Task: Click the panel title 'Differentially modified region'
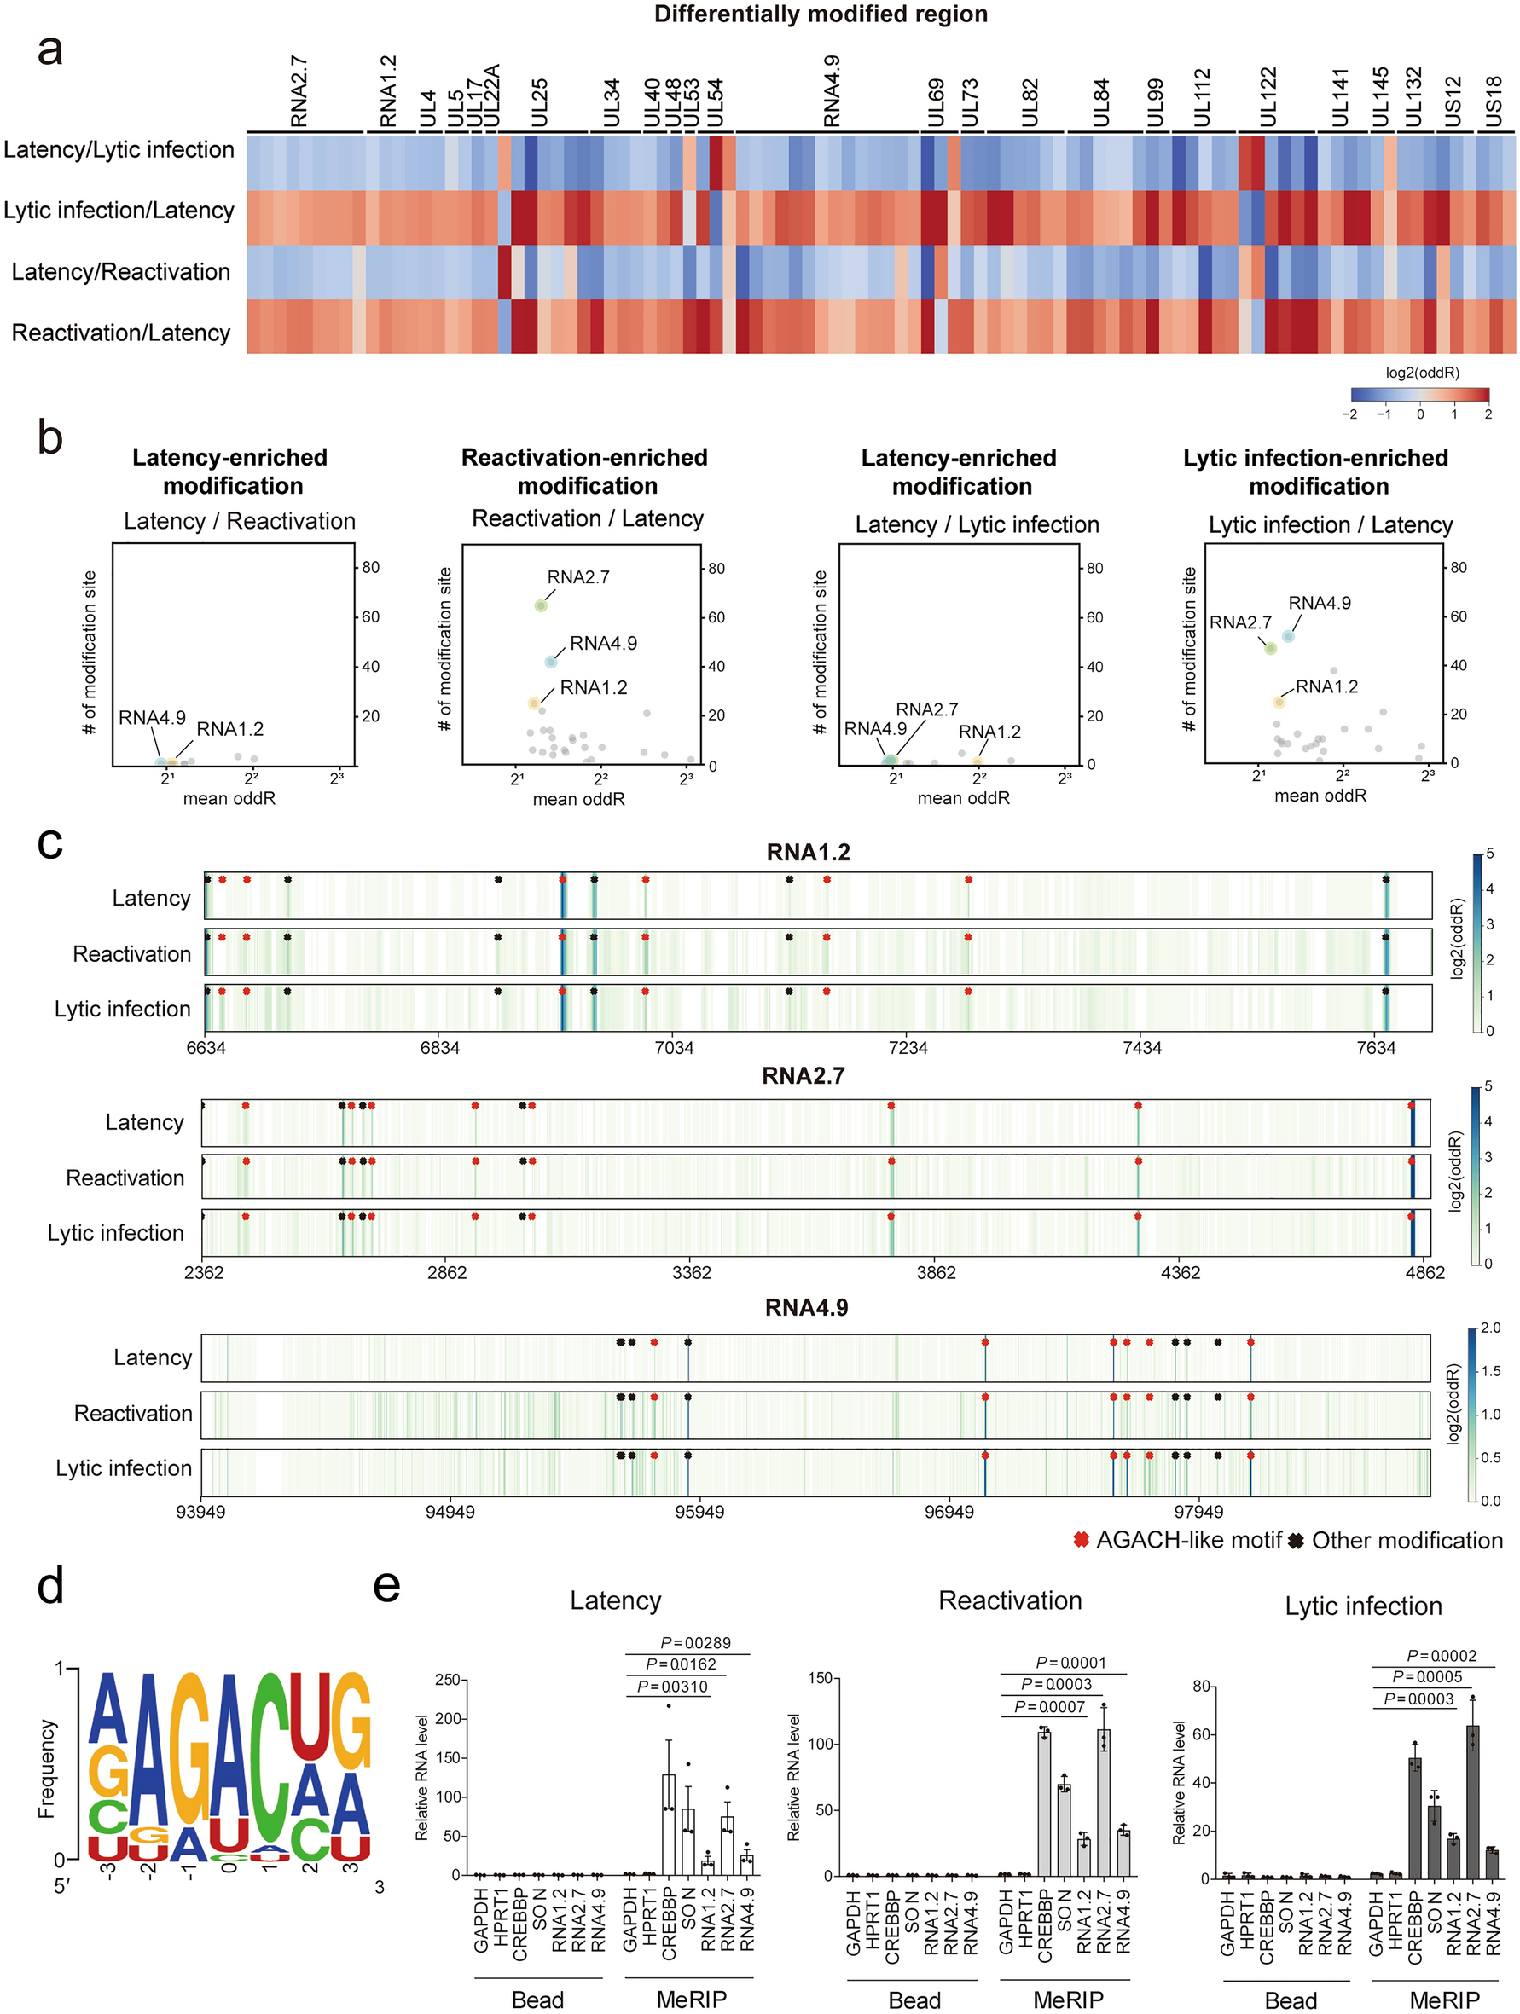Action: pyautogui.click(x=820, y=14)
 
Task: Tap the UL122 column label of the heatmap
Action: pyautogui.click(x=1267, y=96)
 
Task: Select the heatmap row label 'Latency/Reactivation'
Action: pyautogui.click(x=120, y=271)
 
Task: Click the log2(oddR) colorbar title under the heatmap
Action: pyautogui.click(x=1422, y=373)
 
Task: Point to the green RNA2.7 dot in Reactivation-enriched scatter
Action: pyautogui.click(x=541, y=605)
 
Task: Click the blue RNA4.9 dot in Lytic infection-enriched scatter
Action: pyautogui.click(x=1288, y=636)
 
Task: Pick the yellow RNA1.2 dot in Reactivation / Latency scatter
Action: pyautogui.click(x=534, y=703)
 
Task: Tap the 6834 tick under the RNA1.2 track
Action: pyautogui.click(x=440, y=1048)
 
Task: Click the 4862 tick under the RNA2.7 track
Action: pyautogui.click(x=1424, y=1273)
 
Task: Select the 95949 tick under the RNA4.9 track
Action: pyautogui.click(x=699, y=1512)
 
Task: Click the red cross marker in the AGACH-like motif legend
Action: pyautogui.click(x=1081, y=1540)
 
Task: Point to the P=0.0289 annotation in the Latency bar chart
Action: pyautogui.click(x=695, y=1642)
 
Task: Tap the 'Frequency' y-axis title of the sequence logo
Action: pyautogui.click(x=48, y=1768)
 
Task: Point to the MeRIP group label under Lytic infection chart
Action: pyautogui.click(x=1443, y=2000)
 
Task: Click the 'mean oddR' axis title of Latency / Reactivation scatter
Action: pyautogui.click(x=229, y=798)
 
